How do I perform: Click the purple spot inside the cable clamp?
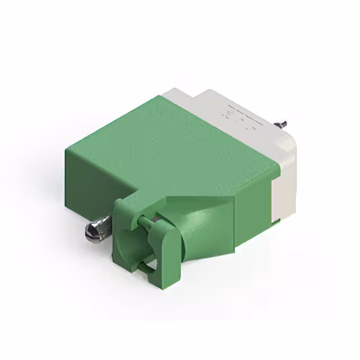tap(153, 218)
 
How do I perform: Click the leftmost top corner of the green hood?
tap(68, 150)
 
